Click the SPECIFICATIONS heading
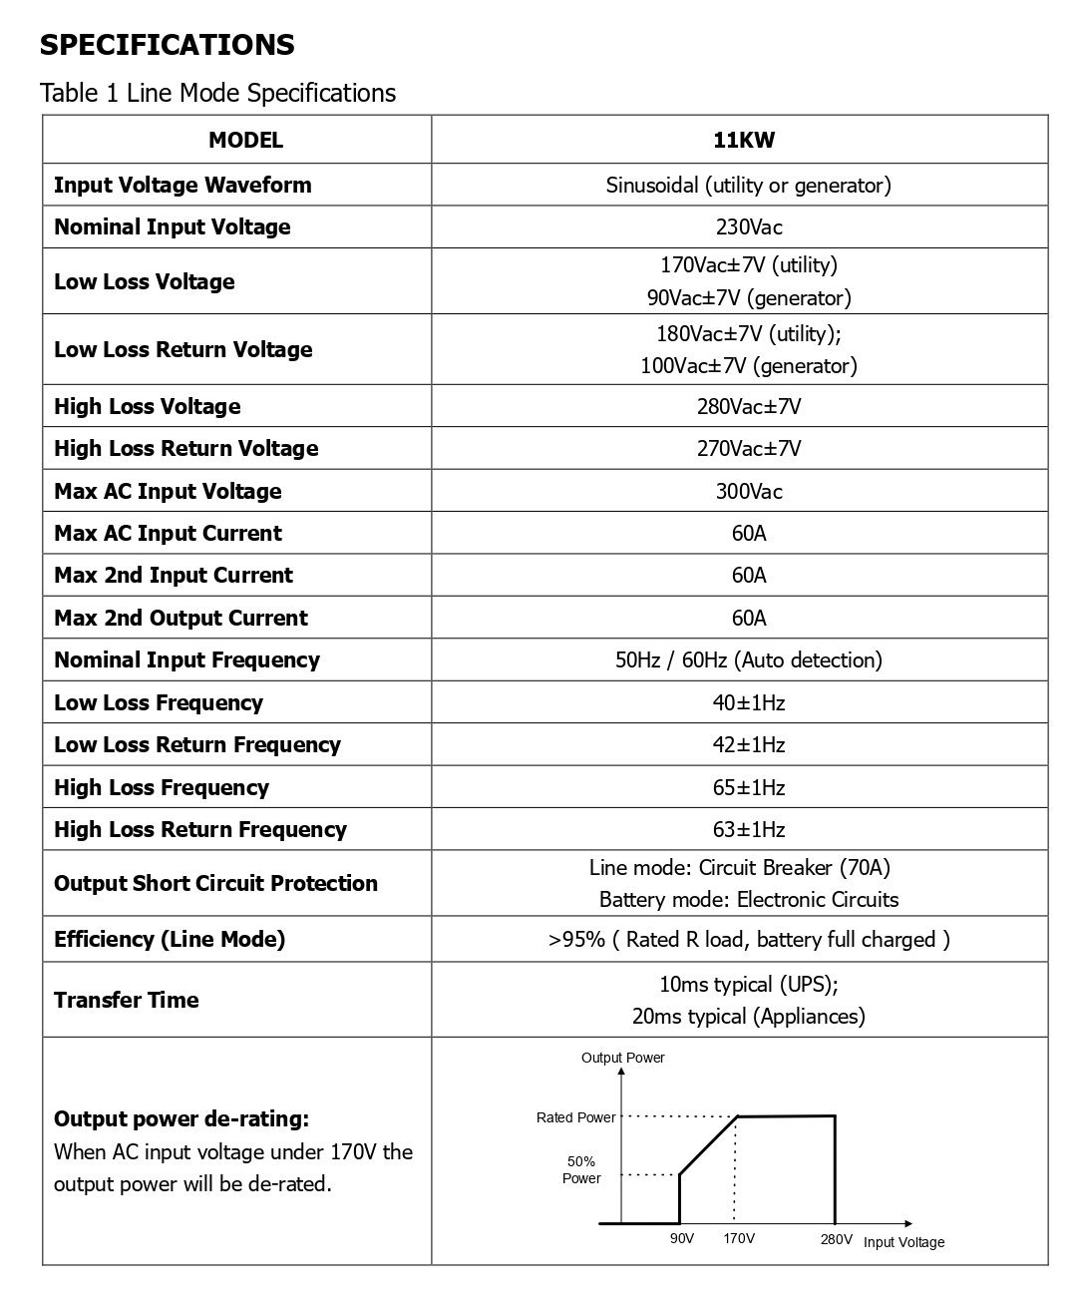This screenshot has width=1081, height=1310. [x=168, y=45]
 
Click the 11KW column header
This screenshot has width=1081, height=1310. [x=744, y=141]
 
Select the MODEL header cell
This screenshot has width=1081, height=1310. [x=245, y=141]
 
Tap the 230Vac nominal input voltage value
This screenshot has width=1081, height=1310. [x=749, y=226]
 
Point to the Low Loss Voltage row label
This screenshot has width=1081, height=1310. [x=145, y=281]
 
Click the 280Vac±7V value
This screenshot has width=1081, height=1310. [x=749, y=406]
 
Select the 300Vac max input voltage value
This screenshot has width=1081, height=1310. [x=749, y=491]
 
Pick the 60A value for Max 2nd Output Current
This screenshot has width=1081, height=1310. [x=749, y=618]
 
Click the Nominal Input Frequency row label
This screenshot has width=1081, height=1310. [x=186, y=659]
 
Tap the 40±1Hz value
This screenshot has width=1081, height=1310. [x=749, y=702]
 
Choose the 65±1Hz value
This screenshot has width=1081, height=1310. [x=749, y=787]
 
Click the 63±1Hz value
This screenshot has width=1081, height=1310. [x=749, y=829]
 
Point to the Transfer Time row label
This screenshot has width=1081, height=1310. [x=127, y=1000]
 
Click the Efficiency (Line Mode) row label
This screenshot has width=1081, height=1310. [x=170, y=939]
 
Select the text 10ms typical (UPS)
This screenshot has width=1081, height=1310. [x=748, y=984]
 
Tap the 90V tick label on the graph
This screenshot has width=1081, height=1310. [x=681, y=1238]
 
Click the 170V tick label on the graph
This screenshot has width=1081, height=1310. [x=738, y=1238]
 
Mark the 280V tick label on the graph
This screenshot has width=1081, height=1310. [x=836, y=1238]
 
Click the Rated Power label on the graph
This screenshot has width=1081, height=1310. [x=575, y=1117]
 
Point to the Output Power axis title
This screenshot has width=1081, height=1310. [x=622, y=1058]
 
